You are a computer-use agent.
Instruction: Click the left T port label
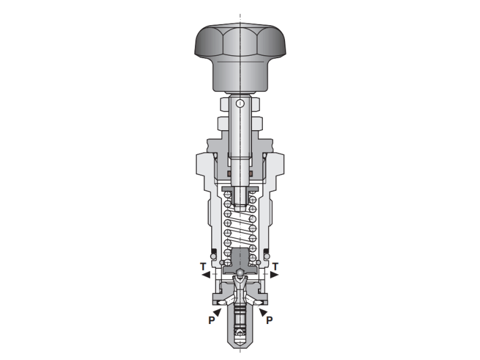tap(203, 266)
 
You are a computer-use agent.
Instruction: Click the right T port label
tap(275, 266)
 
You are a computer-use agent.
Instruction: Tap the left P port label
tap(211, 320)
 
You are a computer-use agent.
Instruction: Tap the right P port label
tap(269, 320)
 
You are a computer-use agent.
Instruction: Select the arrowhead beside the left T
tap(206, 275)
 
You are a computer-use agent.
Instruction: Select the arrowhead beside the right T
tap(274, 275)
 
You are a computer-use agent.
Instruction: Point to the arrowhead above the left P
tap(217, 312)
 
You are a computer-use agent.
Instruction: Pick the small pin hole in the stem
tap(241, 103)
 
